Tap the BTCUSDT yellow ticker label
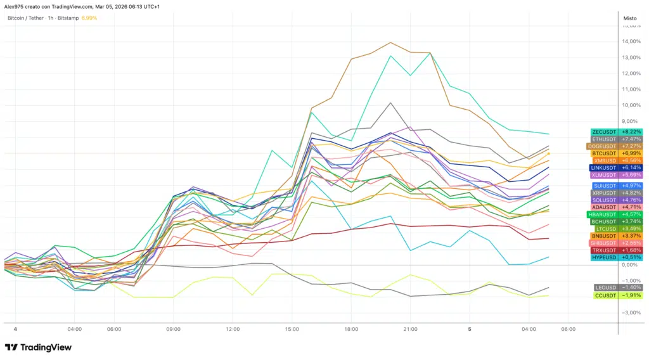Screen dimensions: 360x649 pyautogui.click(x=604, y=153)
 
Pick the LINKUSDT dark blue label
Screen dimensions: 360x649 pyautogui.click(x=603, y=167)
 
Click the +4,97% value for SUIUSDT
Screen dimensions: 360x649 pyautogui.click(x=631, y=186)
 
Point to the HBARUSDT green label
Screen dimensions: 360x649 pyautogui.click(x=602, y=214)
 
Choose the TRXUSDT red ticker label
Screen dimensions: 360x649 pyautogui.click(x=604, y=250)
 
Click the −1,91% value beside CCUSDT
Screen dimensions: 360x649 pyautogui.click(x=631, y=295)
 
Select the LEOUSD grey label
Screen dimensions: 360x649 pyautogui.click(x=605, y=287)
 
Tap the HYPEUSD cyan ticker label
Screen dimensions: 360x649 pyautogui.click(x=604, y=257)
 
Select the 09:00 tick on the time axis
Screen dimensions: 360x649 pyautogui.click(x=174, y=330)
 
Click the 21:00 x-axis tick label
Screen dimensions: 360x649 pyautogui.click(x=410, y=330)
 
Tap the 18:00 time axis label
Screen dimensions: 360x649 pyautogui.click(x=352, y=330)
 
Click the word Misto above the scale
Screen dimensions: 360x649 pyautogui.click(x=630, y=18)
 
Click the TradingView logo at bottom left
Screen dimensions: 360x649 pyautogui.click(x=38, y=347)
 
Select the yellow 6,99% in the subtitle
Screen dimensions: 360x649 pyautogui.click(x=89, y=18)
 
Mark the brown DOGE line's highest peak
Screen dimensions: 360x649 pyautogui.click(x=390, y=42)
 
